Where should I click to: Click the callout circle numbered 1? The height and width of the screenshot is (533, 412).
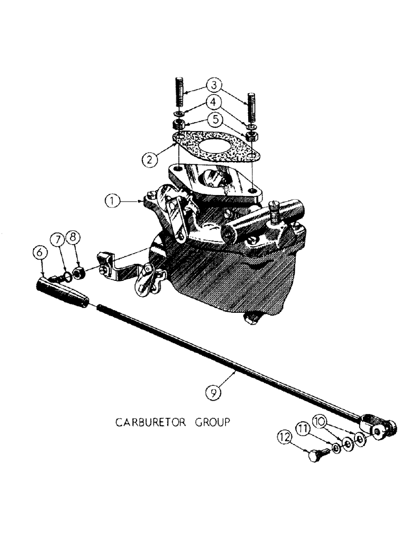click(x=112, y=201)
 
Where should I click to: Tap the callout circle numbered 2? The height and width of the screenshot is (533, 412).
click(x=150, y=158)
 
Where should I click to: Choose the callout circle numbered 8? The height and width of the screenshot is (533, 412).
click(x=74, y=237)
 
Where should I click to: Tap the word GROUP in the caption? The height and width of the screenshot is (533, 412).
click(x=212, y=422)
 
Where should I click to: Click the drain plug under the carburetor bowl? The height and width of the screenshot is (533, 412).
click(x=249, y=319)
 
